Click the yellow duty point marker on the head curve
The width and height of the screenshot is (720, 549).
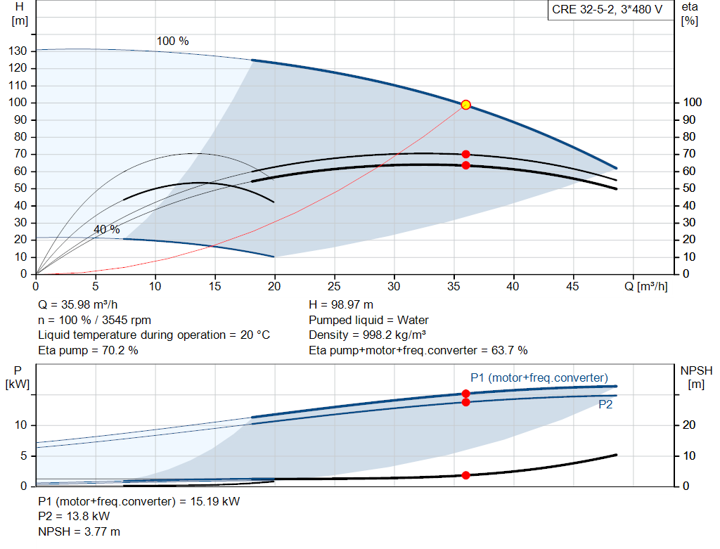(465, 105)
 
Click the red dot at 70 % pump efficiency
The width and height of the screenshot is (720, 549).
(465, 154)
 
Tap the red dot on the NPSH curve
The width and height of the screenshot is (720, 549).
(465, 475)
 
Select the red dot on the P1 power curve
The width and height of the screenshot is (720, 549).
(465, 394)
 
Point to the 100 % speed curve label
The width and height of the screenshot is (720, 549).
(173, 41)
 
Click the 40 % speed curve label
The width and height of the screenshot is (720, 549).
(107, 229)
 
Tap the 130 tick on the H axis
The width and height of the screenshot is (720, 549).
(18, 51)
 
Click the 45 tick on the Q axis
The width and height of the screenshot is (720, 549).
(572, 286)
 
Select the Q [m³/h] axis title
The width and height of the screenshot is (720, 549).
(646, 286)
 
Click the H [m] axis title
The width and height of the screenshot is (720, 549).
(20, 14)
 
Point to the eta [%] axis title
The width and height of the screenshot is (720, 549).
(690, 14)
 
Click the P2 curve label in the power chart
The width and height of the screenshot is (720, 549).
(605, 404)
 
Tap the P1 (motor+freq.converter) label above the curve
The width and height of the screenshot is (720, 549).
(539, 377)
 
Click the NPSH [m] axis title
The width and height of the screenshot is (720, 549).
(696, 377)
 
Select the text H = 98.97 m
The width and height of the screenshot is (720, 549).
(341, 304)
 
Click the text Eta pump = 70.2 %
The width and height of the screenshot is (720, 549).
(88, 350)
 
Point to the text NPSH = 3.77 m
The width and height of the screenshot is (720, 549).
(79, 531)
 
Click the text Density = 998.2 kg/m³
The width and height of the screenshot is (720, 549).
(367, 335)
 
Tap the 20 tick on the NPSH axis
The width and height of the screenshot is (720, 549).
(689, 425)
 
